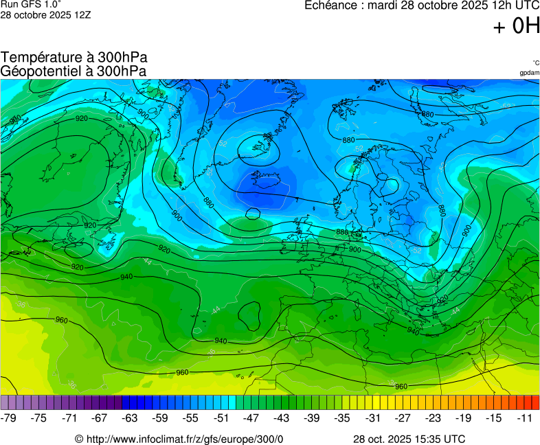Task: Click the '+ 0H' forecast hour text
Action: [516, 26]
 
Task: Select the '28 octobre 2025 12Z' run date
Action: [45, 14]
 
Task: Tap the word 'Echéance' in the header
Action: [331, 5]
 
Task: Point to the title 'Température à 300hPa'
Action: [74, 58]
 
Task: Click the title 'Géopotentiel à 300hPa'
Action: [74, 71]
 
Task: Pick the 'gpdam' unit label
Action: [529, 73]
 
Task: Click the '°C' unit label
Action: [535, 62]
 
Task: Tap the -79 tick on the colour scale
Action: [9, 418]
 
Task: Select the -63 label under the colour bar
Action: [130, 418]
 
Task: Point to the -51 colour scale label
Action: [221, 418]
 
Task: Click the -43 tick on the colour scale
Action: [282, 418]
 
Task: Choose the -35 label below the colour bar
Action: [342, 418]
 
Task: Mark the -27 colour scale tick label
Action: [403, 418]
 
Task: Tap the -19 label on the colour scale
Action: [463, 418]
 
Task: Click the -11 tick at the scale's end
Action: [524, 418]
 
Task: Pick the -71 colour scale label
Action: [69, 418]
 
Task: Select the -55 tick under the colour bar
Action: [190, 418]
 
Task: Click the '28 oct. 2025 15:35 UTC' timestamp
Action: [409, 440]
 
